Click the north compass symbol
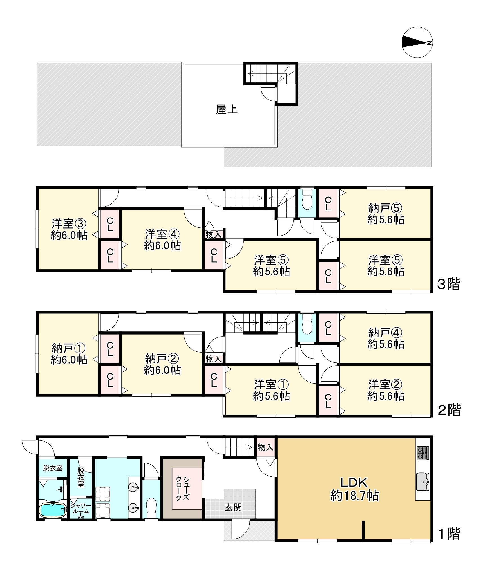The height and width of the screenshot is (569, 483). tap(417, 42)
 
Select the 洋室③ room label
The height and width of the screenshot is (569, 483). tap(69, 224)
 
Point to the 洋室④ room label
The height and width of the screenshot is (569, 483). tap(162, 234)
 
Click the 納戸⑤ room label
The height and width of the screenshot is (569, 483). tap(386, 208)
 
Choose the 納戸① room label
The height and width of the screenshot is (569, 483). tap(69, 349)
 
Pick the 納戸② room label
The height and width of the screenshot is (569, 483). tap(162, 359)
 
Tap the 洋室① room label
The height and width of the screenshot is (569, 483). tap(272, 385)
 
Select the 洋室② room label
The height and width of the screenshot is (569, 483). tap(386, 385)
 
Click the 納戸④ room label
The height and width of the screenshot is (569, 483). tap(386, 333)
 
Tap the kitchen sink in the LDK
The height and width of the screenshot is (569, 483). tap(422, 482)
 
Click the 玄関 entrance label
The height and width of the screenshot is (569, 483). tap(233, 508)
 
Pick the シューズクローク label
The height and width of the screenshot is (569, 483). tap(183, 489)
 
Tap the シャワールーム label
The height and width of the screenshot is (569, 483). tap(80, 508)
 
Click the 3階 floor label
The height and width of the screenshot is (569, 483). tap(449, 284)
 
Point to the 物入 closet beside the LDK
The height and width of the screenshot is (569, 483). tap(265, 447)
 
